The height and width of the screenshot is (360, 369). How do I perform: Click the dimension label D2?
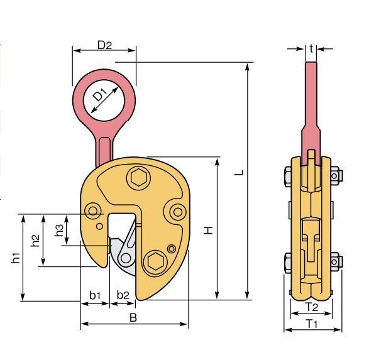(104, 45)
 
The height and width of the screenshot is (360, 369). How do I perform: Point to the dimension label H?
(209, 230)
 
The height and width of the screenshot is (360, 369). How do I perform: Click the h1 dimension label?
(16, 258)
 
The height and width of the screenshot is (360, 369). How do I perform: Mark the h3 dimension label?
(58, 230)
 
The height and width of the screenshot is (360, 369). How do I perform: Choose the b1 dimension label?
(95, 295)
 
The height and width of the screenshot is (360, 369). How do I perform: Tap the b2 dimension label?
(123, 295)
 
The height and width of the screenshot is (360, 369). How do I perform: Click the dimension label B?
(133, 317)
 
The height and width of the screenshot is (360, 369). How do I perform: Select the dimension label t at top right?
(312, 48)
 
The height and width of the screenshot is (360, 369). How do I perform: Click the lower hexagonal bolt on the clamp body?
(155, 260)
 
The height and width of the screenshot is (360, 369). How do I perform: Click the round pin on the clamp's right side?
(177, 211)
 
